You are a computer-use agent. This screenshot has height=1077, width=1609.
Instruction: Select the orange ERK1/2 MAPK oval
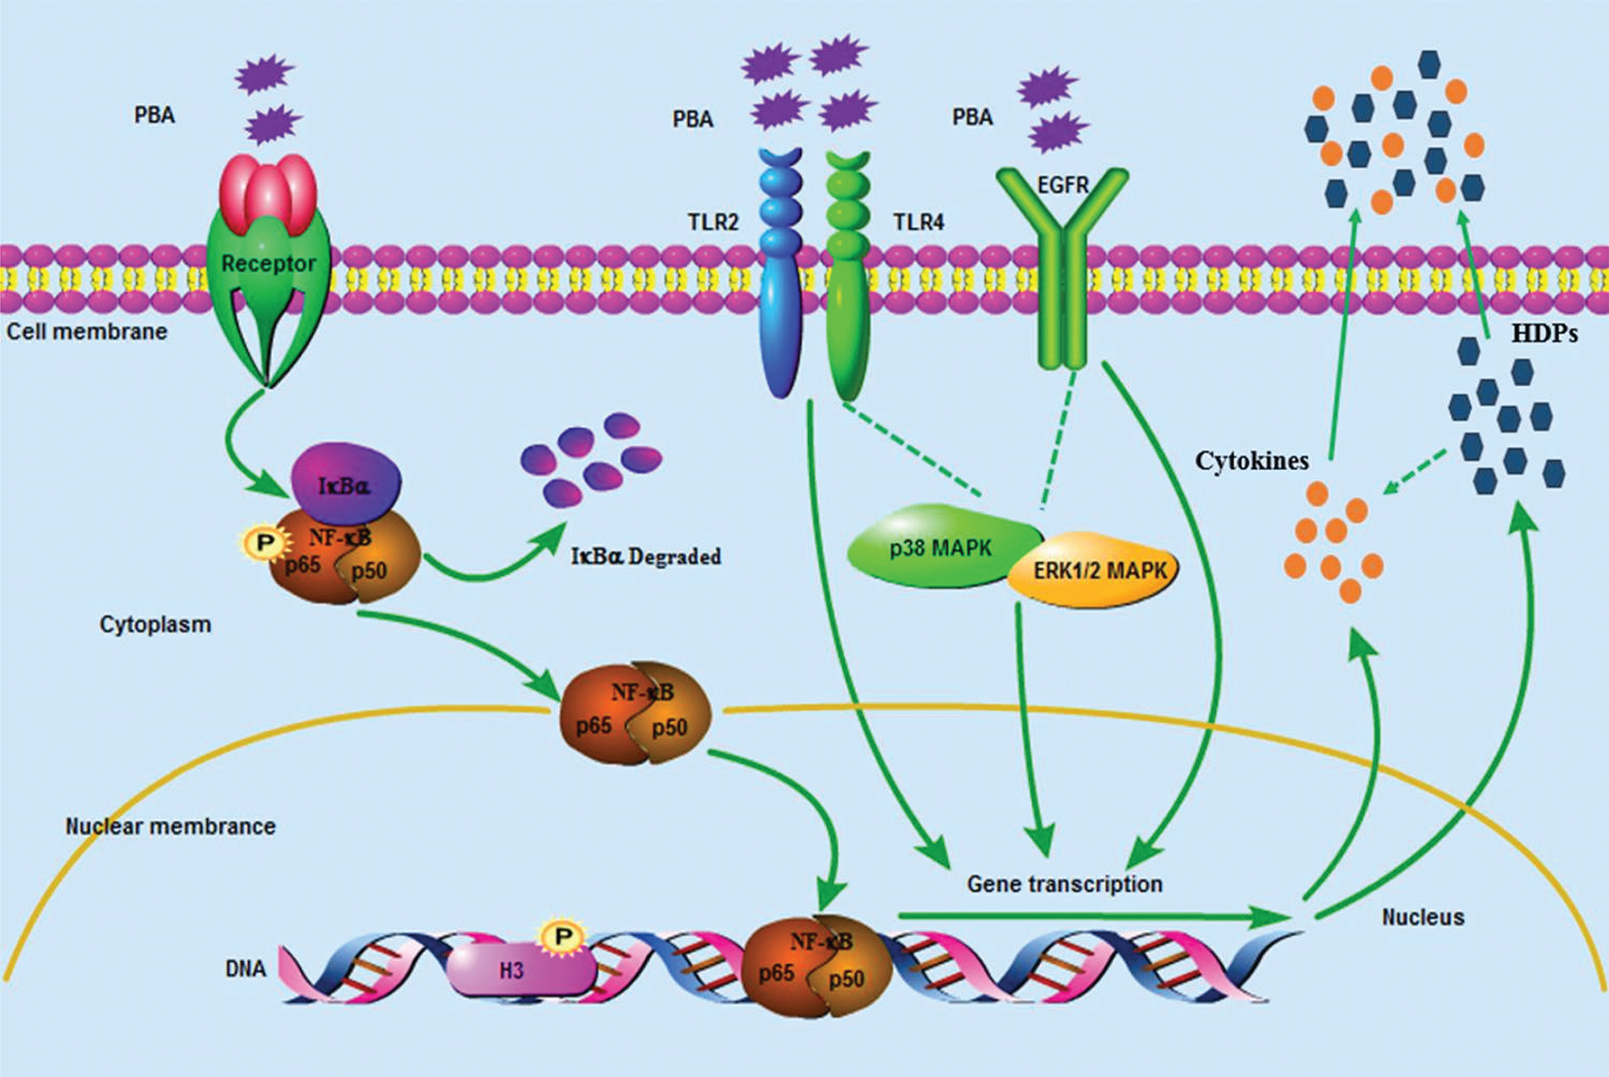pos(1097,570)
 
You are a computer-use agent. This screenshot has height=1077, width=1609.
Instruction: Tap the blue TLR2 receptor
pos(780,272)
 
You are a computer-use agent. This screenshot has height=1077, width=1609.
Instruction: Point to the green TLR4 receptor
pos(848,272)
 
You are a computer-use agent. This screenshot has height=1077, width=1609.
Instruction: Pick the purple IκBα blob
pos(345,484)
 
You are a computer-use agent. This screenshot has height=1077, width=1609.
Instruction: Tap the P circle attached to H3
pos(562,937)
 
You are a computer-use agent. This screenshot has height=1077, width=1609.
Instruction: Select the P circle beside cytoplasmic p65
pos(264,542)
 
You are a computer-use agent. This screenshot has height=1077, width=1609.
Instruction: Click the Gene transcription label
pos(1064,884)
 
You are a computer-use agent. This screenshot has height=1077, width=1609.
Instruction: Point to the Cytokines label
pos(1251,461)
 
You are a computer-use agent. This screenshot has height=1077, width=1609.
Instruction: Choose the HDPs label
pos(1544,334)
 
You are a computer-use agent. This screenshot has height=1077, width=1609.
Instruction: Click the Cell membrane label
pos(87,331)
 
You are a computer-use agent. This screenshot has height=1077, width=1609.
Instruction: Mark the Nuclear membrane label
pos(170,825)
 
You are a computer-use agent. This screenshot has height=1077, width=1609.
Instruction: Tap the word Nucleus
pos(1423,916)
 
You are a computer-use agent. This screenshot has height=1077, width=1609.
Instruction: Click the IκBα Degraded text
pos(645,557)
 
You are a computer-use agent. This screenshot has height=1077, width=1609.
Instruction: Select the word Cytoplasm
pos(155,624)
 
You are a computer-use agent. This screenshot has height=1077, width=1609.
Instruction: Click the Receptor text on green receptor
pos(268,264)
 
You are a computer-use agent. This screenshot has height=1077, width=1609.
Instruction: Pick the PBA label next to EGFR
pos(972,116)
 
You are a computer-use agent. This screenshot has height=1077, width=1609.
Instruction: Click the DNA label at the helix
pos(245,968)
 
